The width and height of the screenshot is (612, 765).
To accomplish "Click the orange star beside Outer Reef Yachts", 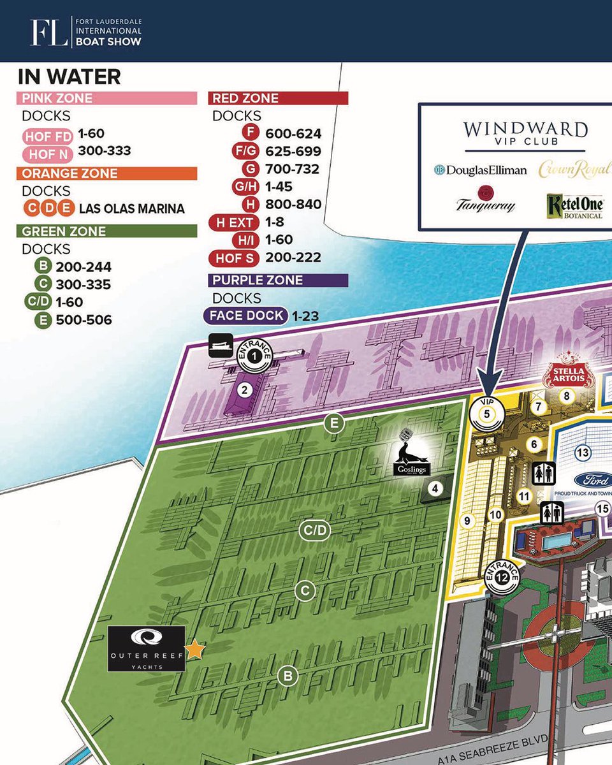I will click(x=195, y=650).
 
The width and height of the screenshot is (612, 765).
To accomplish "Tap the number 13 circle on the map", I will click(x=582, y=453).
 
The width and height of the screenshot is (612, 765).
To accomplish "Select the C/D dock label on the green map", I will click(x=315, y=530).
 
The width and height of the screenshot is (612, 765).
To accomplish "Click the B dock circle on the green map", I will click(x=288, y=676).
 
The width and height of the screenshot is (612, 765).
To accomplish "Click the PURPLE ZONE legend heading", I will click(x=279, y=280).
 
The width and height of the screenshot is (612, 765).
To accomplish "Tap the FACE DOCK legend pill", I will click(x=245, y=316).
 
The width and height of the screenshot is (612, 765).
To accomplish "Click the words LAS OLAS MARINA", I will click(x=131, y=208).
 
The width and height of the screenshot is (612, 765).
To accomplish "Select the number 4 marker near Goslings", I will click(x=435, y=490).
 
